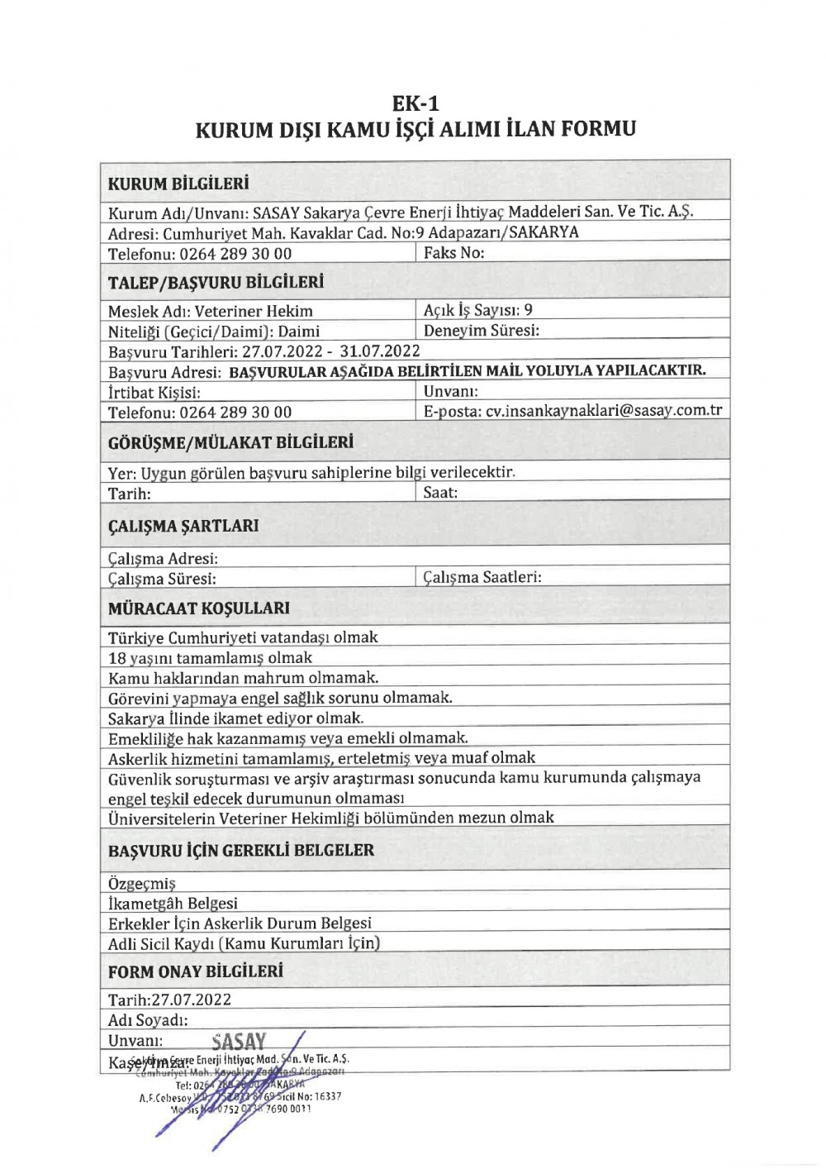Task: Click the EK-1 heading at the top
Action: click(x=415, y=103)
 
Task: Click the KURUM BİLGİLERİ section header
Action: click(x=178, y=184)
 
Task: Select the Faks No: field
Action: click(x=453, y=253)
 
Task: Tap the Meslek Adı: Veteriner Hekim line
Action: click(x=211, y=312)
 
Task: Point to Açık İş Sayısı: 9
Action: click(x=477, y=310)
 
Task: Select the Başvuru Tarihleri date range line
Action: click(x=264, y=351)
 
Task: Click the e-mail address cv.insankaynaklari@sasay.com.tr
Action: click(x=603, y=410)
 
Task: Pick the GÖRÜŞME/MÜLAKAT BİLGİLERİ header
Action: click(x=230, y=443)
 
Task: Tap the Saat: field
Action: click(x=440, y=493)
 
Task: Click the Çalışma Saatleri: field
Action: click(x=482, y=577)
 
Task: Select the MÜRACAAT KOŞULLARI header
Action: click(x=199, y=608)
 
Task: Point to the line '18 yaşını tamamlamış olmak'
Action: click(x=211, y=658)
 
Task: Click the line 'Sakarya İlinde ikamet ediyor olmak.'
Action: click(x=235, y=718)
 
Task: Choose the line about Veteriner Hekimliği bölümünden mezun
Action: click(x=331, y=818)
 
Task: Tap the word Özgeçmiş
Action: click(x=142, y=884)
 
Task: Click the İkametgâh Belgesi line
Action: click(x=173, y=904)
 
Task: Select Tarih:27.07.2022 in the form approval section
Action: click(x=170, y=1000)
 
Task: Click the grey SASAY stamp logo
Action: click(x=239, y=1042)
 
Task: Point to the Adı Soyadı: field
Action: click(x=149, y=1020)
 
